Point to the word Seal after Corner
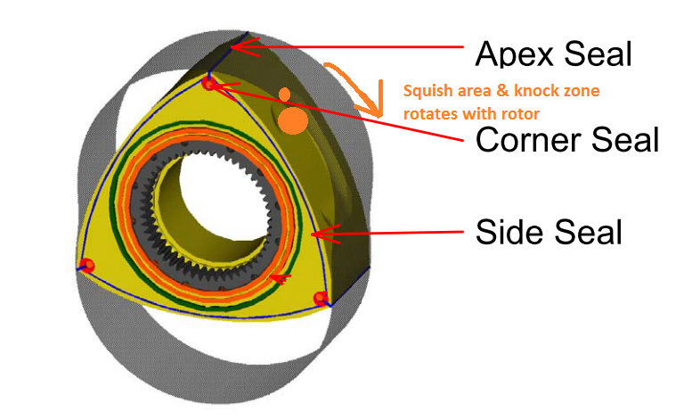click(626, 139)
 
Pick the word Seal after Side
click(590, 233)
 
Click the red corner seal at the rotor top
click(208, 85)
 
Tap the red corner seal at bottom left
click(86, 265)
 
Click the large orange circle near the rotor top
click(291, 119)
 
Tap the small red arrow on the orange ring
click(281, 279)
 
